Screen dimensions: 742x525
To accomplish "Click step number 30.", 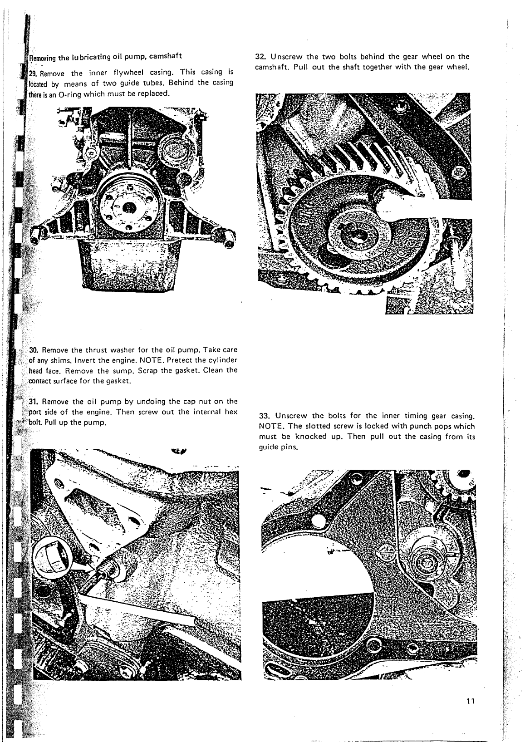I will point(35,350).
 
